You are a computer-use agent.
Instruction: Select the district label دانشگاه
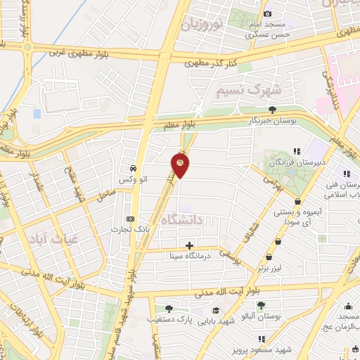[x=182, y=219]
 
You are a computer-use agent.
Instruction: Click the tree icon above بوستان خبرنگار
[x=272, y=108]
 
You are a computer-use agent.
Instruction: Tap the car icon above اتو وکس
[x=132, y=169]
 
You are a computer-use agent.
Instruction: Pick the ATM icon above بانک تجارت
[x=129, y=218]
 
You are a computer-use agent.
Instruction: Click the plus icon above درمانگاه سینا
[x=189, y=245]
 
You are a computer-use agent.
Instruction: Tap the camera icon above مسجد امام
[x=267, y=13]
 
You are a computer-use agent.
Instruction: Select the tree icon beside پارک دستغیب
[x=168, y=308]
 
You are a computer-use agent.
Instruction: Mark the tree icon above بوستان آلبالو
[x=261, y=304]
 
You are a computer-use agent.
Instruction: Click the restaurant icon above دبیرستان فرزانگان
[x=296, y=150]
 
